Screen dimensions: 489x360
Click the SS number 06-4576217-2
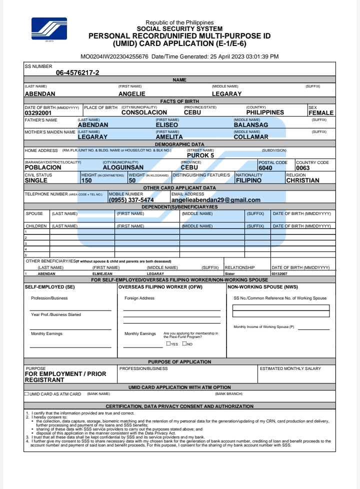click(x=77, y=72)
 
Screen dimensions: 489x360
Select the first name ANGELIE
click(x=132, y=93)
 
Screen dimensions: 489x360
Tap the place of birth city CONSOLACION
click(x=144, y=113)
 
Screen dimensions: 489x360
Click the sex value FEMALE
click(x=320, y=113)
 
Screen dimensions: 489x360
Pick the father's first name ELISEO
click(x=167, y=125)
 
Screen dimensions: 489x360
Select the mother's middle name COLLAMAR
click(x=251, y=136)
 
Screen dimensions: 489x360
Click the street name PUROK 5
click(x=200, y=155)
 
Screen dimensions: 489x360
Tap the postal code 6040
click(x=265, y=168)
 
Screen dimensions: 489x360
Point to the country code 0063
click(x=303, y=168)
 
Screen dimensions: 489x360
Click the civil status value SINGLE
click(x=39, y=180)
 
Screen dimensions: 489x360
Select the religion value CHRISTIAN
click(x=302, y=180)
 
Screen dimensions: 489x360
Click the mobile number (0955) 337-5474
click(x=131, y=200)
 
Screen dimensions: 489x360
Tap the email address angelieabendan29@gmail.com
click(x=216, y=200)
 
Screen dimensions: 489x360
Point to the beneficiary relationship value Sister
click(x=230, y=274)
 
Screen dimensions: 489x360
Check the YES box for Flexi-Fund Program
click(x=168, y=344)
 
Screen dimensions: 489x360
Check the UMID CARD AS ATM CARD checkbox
click(x=26, y=394)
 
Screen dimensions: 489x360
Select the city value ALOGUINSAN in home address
click(x=123, y=168)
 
